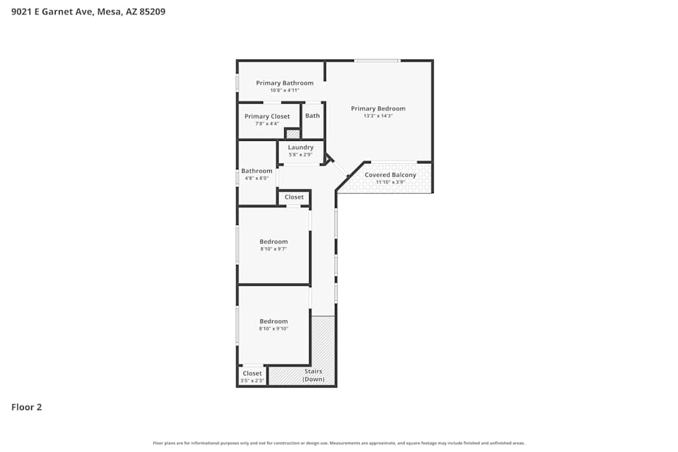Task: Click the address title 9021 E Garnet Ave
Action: point(88,12)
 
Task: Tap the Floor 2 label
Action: point(26,407)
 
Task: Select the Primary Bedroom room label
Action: point(378,108)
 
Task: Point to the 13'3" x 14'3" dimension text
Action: point(378,116)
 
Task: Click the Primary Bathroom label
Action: point(284,83)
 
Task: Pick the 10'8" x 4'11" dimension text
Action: point(284,90)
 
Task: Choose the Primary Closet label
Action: point(267,117)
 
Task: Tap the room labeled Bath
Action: point(313,116)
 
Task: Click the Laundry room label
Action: point(300,147)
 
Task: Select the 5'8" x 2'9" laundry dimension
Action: point(300,155)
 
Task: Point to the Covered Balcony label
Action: point(391,175)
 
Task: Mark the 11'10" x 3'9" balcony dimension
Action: point(391,182)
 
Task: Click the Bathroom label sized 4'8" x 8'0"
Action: point(257,171)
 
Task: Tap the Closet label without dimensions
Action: point(294,197)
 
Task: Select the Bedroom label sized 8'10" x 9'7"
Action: point(274,241)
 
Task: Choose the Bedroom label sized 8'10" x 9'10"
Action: point(274,321)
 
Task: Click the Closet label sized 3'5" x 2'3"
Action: point(252,373)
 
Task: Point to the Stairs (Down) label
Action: point(313,375)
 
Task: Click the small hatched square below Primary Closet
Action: point(293,134)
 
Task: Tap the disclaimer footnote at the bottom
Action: point(339,443)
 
